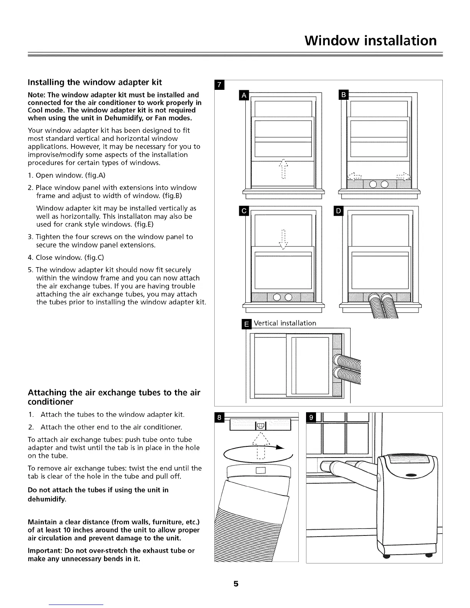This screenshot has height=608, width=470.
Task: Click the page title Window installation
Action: [x=371, y=40]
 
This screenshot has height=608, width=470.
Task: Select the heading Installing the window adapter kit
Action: [x=95, y=82]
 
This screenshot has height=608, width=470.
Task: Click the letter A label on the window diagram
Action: [x=244, y=95]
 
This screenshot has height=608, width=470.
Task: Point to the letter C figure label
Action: [x=244, y=211]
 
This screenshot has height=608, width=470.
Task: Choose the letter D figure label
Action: [x=338, y=211]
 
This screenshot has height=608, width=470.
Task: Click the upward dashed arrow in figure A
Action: [x=283, y=169]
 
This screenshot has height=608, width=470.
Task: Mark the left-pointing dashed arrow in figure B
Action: [x=354, y=177]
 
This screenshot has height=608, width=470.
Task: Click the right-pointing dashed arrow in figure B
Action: [x=404, y=177]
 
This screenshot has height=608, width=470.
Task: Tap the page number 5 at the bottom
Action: [x=236, y=584]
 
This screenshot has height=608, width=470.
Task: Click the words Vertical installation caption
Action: [x=285, y=323]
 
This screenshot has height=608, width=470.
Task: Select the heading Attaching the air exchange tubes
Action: [x=114, y=397]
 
